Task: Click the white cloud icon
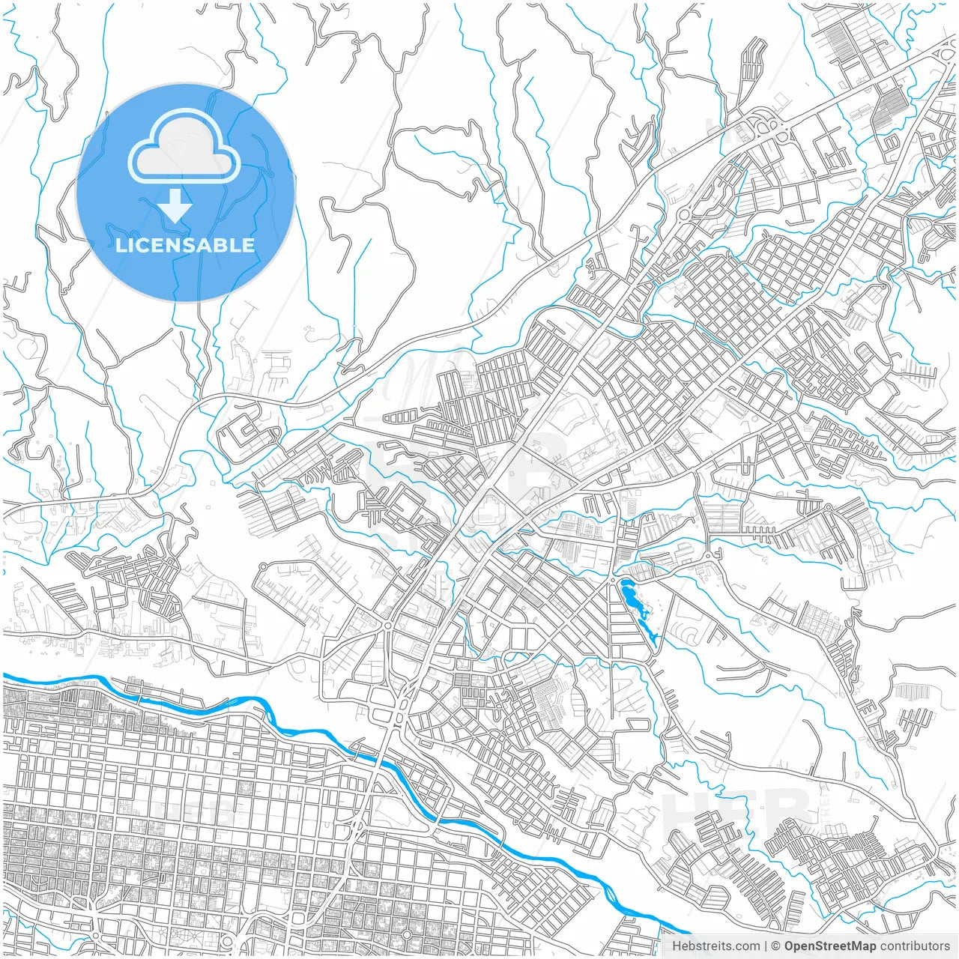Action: pyautogui.click(x=184, y=146)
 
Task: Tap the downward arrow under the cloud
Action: pyautogui.click(x=175, y=206)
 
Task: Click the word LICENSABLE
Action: pyautogui.click(x=185, y=245)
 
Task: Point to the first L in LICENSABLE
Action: pyautogui.click(x=120, y=245)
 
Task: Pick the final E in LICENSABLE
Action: pyautogui.click(x=247, y=245)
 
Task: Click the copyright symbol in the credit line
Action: pyautogui.click(x=776, y=946)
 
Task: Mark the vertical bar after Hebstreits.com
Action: pyautogui.click(x=766, y=946)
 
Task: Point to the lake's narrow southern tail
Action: pyautogui.click(x=653, y=638)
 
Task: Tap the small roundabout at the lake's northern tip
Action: pyautogui.click(x=616, y=579)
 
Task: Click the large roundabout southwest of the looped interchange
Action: pyautogui.click(x=684, y=214)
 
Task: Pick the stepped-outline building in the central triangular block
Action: pyautogui.click(x=491, y=514)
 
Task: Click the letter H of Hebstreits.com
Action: pyautogui.click(x=677, y=946)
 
